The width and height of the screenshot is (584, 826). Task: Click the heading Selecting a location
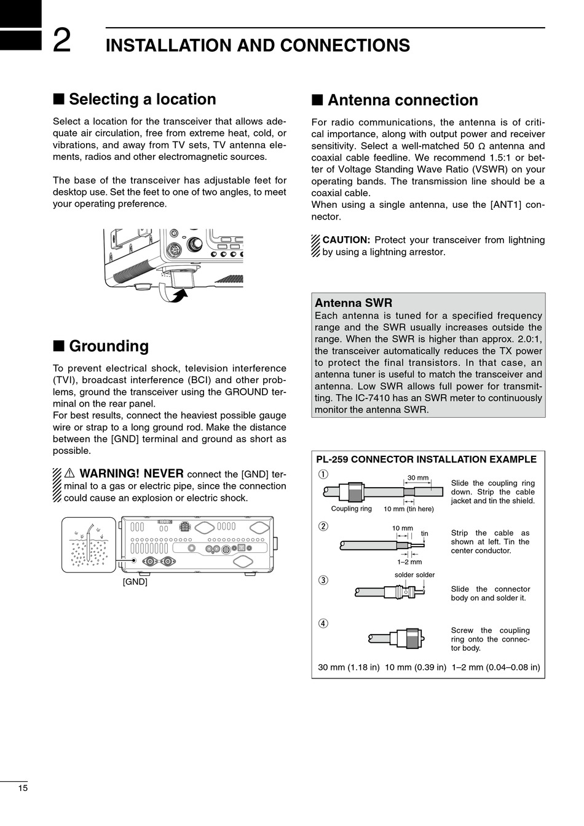pos(142,99)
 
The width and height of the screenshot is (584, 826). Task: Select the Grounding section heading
pos(109,346)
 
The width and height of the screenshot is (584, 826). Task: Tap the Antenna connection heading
pos(403,100)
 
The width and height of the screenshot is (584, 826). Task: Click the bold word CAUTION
pos(346,240)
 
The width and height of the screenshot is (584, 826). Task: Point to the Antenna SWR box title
pos(353,303)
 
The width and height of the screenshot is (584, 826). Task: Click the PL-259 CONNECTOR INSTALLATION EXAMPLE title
pos(426,459)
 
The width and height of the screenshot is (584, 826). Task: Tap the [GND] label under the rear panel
pos(135,581)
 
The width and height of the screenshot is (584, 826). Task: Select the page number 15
pos(23,788)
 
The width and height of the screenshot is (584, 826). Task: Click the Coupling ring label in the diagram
pos(351,509)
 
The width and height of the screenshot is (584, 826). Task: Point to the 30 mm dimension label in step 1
pos(418,477)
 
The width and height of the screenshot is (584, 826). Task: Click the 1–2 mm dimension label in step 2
pos(409,562)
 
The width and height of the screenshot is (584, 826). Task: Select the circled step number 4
pos(323,623)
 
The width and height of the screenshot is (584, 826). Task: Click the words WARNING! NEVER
pos(131,474)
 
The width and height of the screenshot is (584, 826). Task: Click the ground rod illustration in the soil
pos(90,541)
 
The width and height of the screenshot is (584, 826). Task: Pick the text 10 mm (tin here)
pos(408,509)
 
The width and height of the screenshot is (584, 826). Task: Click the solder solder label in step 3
pos(414,575)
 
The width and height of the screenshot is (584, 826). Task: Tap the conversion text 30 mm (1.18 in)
pos(349,667)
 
